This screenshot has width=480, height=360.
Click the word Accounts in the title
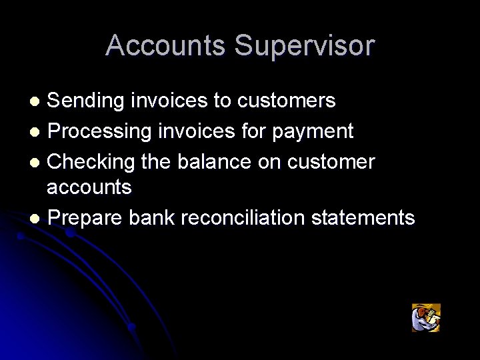tap(166, 46)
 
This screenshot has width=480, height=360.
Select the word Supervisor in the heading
tap(305, 46)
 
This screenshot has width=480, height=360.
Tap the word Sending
tap(86, 101)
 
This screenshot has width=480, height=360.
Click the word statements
tap(366, 217)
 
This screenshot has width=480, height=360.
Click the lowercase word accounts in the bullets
tap(89, 188)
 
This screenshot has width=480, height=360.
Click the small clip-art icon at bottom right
tap(426, 317)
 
